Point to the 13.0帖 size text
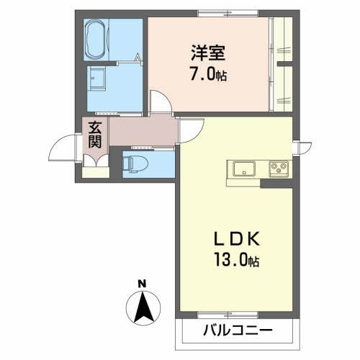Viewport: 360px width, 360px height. click(x=233, y=261)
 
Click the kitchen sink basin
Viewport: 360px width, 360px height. click(x=243, y=169)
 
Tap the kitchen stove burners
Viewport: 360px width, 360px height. click(x=277, y=169)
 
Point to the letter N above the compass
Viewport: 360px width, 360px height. click(x=143, y=283)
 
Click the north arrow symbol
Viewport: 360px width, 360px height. click(x=143, y=307)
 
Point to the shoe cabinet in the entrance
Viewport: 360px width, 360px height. click(x=94, y=171)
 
